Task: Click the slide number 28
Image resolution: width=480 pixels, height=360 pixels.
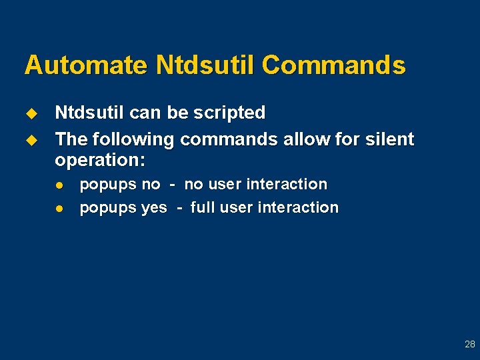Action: [x=470, y=345]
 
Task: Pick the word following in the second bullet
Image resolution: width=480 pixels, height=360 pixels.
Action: [x=131, y=139]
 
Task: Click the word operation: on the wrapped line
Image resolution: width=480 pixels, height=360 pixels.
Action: [x=100, y=161]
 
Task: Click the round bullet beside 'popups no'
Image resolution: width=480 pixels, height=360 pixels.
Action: [x=59, y=185]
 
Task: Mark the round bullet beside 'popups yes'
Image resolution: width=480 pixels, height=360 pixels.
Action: [x=59, y=208]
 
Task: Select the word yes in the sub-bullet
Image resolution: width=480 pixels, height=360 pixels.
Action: [x=154, y=208]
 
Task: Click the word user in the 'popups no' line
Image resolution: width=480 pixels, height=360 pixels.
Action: [x=226, y=184]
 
